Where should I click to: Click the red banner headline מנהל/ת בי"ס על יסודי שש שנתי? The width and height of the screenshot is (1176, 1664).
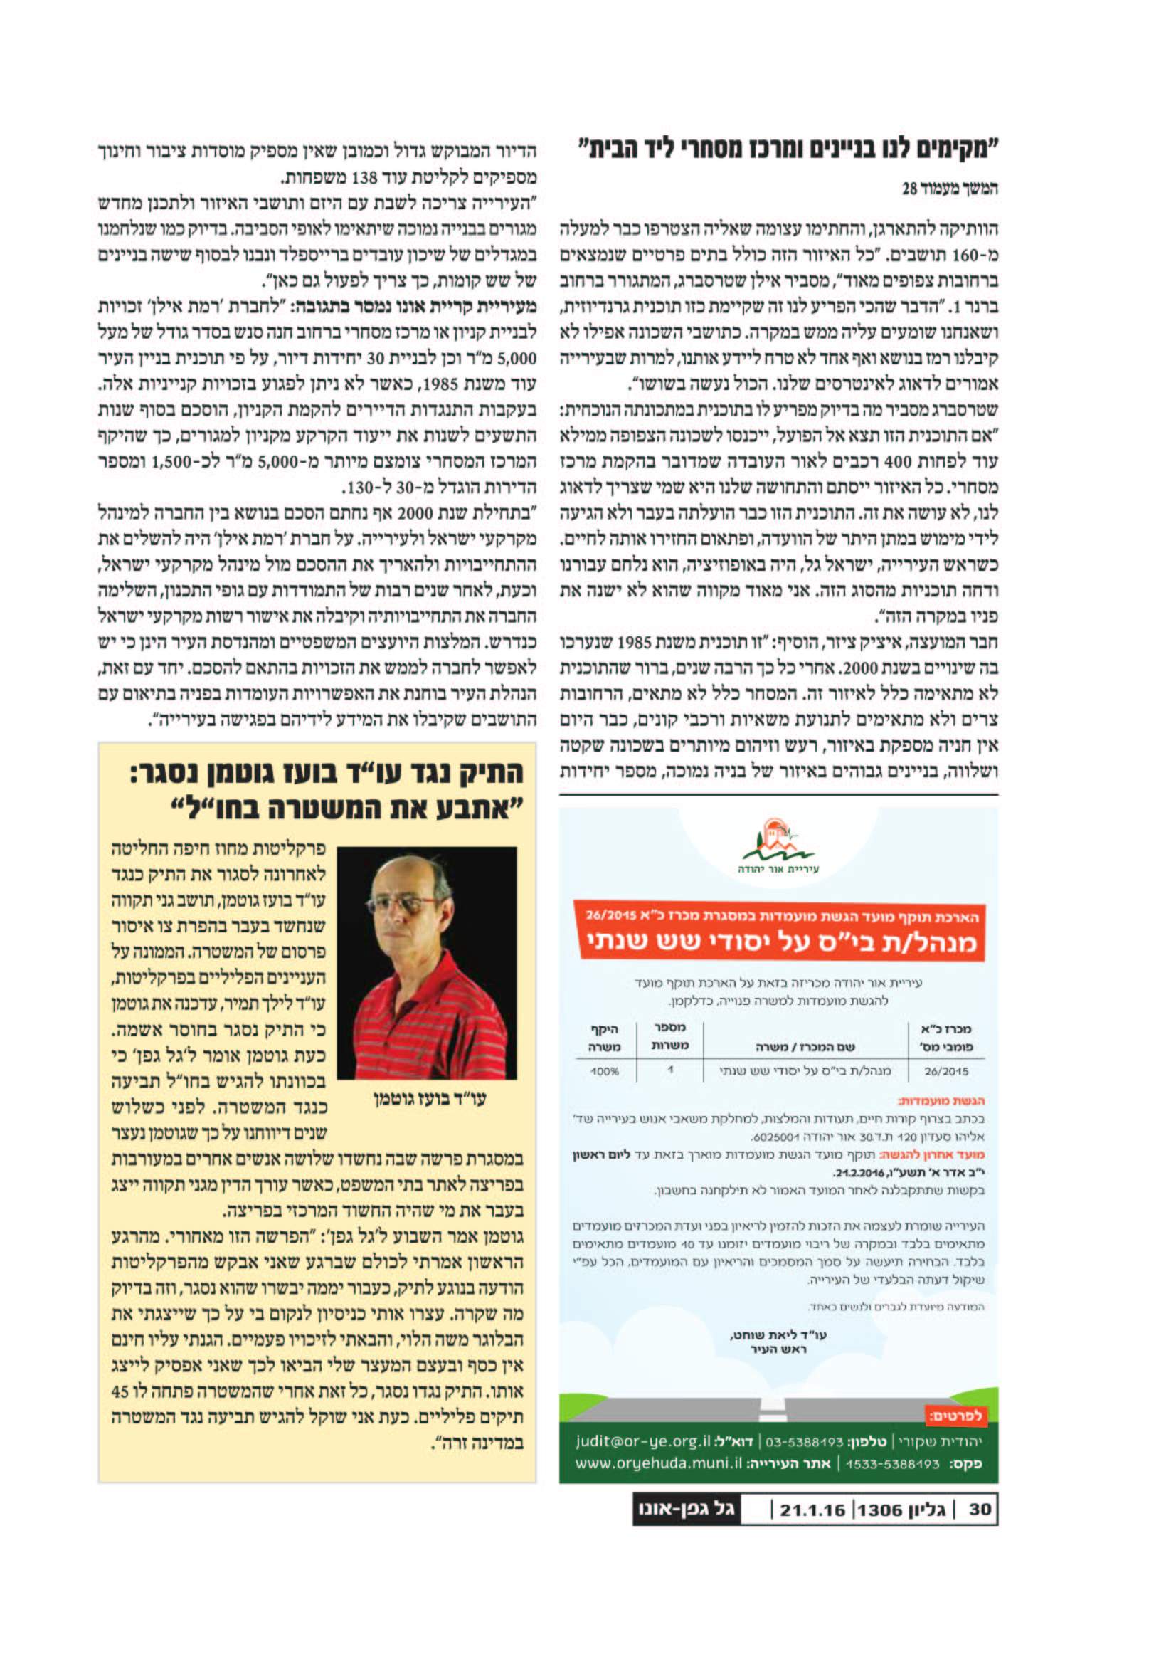coord(781,942)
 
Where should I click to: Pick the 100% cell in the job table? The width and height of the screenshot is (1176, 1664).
coord(604,1070)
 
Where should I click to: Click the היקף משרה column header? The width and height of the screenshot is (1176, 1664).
coord(604,1037)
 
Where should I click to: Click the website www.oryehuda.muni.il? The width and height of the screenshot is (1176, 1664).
coord(659,1463)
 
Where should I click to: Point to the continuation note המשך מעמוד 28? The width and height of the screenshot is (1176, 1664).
coord(949,189)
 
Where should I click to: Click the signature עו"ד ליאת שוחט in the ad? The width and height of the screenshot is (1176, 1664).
coord(779,1334)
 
